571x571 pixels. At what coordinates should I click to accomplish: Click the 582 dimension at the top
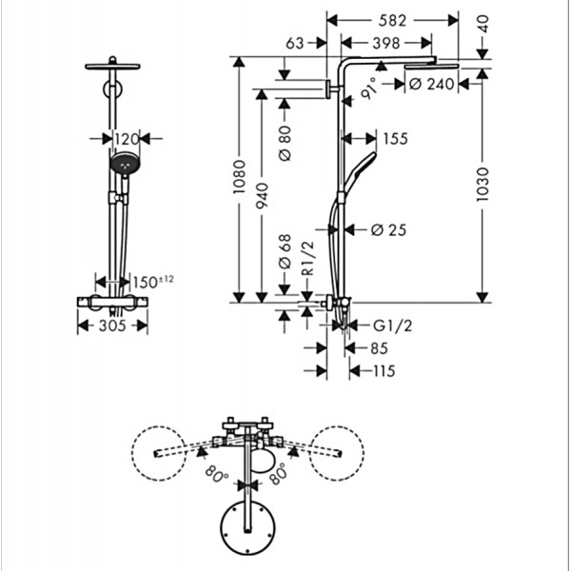[x=392, y=20]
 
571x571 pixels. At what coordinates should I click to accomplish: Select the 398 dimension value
[x=386, y=44]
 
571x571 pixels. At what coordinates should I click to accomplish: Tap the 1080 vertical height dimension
[x=239, y=177]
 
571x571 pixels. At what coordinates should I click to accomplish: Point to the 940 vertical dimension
[x=262, y=196]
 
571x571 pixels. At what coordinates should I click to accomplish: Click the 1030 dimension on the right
[x=482, y=185]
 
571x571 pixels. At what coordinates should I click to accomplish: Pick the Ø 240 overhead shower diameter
[x=432, y=84]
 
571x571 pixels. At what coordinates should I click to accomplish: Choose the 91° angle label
[x=369, y=89]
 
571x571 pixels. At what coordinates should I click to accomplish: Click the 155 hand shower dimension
[x=396, y=139]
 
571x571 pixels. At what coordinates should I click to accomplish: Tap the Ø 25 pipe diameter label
[x=388, y=229]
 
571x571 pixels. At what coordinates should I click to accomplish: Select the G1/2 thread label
[x=393, y=325]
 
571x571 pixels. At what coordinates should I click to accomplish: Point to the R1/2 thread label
[x=308, y=259]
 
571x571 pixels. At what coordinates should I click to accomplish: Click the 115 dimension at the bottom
[x=384, y=371]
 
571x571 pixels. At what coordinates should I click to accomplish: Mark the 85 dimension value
[x=380, y=348]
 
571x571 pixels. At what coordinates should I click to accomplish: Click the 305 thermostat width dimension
[x=112, y=325]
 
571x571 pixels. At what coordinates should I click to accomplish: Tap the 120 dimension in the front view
[x=127, y=139]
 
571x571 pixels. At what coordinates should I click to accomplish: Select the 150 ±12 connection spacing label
[x=153, y=282]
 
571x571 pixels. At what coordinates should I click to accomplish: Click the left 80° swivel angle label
[x=217, y=474]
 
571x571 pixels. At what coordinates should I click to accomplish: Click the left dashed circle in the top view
[x=159, y=453]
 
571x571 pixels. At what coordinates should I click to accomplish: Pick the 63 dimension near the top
[x=295, y=44]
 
